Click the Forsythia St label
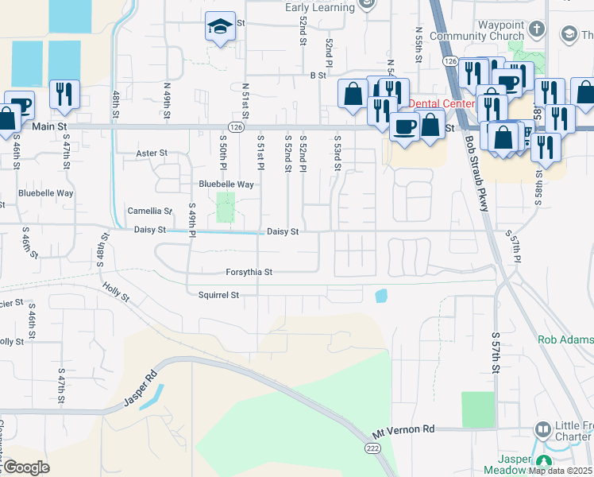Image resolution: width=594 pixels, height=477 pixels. pos(249,272)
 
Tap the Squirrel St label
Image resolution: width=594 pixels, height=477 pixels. pos(218,295)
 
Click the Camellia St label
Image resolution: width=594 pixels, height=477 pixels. pos(150,211)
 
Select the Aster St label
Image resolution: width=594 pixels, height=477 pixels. pos(152,153)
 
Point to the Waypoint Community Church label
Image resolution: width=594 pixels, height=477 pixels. pos(476,30)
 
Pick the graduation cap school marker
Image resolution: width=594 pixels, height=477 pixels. pos(218,27)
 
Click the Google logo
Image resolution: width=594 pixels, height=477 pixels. pos(26,467)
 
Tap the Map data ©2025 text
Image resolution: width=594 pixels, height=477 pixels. pos(559,471)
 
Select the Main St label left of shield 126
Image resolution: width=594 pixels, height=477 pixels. pos(49,126)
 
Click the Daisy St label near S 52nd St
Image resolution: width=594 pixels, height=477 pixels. pos(282,231)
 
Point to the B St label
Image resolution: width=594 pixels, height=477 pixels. pos(318,76)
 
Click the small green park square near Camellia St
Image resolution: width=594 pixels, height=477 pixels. pos(226,207)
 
